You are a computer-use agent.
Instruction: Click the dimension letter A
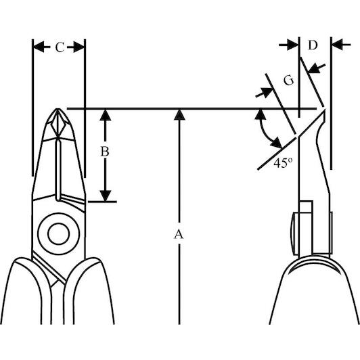[179, 234]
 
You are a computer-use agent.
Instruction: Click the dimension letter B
[105, 152]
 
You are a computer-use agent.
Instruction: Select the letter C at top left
[60, 47]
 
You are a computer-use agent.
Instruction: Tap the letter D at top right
[313, 45]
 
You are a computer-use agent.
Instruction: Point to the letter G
[289, 81]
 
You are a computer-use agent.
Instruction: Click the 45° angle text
[283, 163]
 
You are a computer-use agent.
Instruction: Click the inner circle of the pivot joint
[59, 233]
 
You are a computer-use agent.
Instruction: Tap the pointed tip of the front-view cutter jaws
[58, 109]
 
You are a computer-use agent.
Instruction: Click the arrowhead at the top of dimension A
[179, 114]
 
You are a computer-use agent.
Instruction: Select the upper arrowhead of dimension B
[105, 115]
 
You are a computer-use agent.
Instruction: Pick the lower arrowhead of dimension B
[105, 196]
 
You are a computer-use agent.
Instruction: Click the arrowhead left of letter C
[39, 47]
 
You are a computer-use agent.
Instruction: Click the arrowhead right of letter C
[78, 47]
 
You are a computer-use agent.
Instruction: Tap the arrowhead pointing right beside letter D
[293, 45]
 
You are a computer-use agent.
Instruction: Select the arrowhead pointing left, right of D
[338, 45]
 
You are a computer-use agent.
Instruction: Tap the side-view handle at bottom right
[314, 290]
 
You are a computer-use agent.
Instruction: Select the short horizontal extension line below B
[102, 202]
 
